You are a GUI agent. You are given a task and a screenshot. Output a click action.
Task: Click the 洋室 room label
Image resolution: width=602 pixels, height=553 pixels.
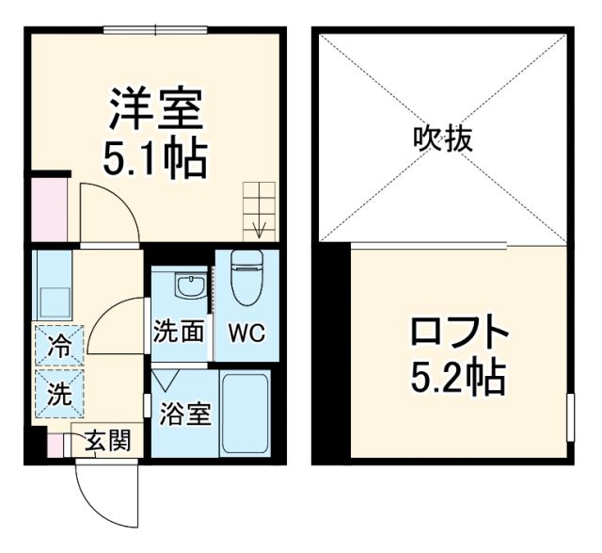pos(156,111)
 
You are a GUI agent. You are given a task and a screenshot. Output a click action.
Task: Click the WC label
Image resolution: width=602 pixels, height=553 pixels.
pos(245,333)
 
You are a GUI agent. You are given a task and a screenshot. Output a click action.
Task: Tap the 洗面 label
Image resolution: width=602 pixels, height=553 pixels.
pos(179,333)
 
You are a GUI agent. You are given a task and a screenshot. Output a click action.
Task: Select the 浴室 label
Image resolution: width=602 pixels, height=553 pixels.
pos(184,413)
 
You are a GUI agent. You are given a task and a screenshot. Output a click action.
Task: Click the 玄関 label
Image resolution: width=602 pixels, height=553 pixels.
pos(103,440)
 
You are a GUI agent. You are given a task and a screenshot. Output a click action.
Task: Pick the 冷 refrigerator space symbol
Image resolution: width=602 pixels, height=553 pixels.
pos(58,346)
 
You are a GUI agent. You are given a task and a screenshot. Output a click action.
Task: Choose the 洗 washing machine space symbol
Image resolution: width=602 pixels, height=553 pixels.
pos(58,395)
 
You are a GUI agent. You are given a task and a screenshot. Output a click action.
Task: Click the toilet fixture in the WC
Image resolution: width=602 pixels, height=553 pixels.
pos(245,279)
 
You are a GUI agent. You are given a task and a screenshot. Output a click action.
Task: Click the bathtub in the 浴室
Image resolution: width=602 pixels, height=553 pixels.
pos(245,412)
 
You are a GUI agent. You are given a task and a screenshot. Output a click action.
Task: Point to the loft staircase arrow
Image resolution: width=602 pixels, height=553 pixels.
pos(260,227)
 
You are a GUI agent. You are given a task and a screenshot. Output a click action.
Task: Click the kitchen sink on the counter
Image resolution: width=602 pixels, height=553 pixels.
pos(51,301)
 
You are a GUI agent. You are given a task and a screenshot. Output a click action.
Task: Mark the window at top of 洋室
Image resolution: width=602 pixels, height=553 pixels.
pos(156,30)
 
